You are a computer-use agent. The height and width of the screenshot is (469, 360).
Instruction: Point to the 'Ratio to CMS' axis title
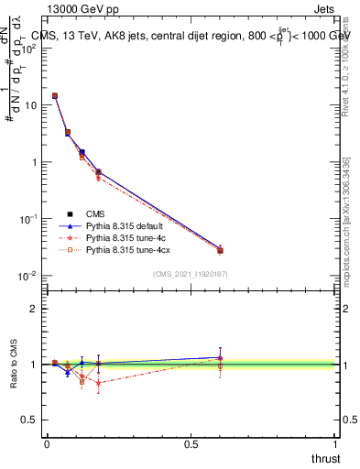[x=15, y=365]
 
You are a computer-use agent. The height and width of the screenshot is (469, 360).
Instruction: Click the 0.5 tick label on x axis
[x=191, y=443]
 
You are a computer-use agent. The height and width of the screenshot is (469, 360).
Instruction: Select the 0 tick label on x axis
[x=47, y=443]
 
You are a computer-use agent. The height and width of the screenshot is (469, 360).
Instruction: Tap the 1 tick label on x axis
[x=335, y=443]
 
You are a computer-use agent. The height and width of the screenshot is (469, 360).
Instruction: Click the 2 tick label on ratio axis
[x=34, y=309]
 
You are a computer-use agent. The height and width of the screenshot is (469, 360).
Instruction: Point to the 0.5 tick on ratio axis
[x=29, y=420]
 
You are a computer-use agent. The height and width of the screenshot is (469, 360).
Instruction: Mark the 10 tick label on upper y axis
[x=30, y=105]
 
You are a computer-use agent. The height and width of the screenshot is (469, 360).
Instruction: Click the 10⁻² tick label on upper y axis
[x=27, y=276]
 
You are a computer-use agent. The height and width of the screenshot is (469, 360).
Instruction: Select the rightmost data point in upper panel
[x=220, y=250]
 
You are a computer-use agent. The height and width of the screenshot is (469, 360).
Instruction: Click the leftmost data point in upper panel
[x=55, y=95]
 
